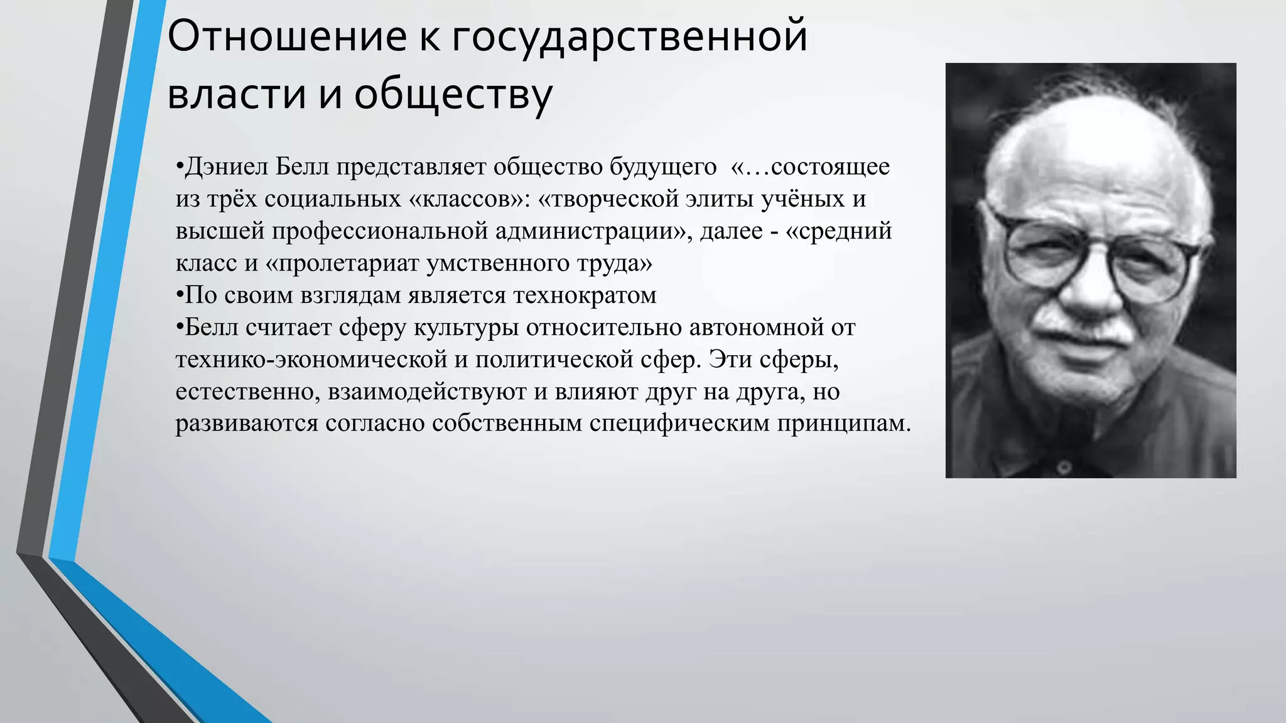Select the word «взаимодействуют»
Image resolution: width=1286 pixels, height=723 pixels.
(x=427, y=392)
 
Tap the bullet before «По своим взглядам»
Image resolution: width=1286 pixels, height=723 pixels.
(x=180, y=293)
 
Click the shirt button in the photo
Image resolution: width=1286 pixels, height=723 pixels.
(x=1063, y=467)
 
